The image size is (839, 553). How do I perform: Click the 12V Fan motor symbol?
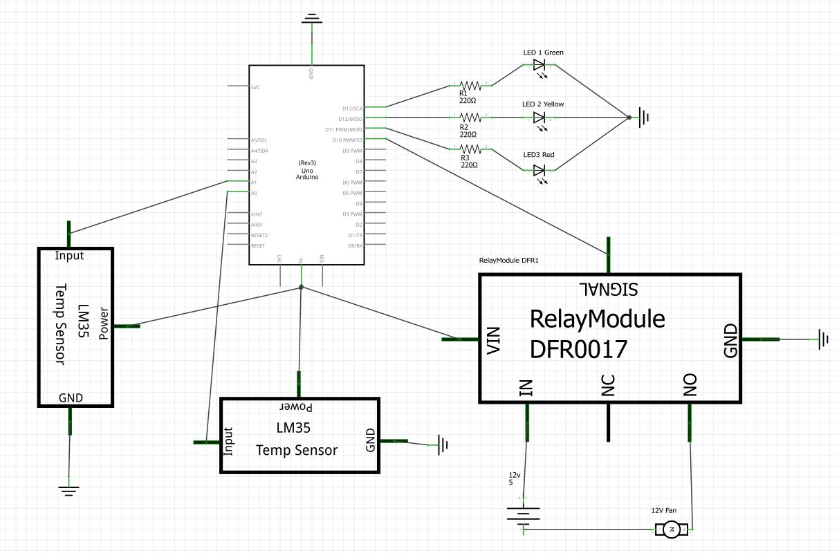click(671, 530)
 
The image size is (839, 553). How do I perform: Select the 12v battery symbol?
click(524, 515)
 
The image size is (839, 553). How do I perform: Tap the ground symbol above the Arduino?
click(312, 20)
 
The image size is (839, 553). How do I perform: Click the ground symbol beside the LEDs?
click(643, 118)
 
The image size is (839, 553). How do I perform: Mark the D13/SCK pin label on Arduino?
click(352, 109)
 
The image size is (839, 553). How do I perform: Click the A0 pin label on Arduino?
click(254, 193)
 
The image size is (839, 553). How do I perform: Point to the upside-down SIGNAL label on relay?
click(608, 286)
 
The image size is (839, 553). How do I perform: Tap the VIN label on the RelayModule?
click(494, 341)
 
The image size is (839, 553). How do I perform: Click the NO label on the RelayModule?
click(690, 388)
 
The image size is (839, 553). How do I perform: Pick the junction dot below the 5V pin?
click(301, 287)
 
